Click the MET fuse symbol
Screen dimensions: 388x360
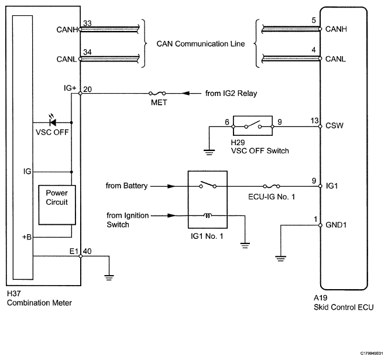(x=157, y=93)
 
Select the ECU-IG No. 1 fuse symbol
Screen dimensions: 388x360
(x=272, y=186)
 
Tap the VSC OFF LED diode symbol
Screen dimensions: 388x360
(x=53, y=122)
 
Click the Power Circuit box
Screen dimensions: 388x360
(x=57, y=205)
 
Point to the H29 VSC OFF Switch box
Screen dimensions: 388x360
(x=253, y=125)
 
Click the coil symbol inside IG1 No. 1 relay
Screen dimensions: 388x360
(x=207, y=215)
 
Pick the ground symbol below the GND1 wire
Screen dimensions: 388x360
(x=280, y=259)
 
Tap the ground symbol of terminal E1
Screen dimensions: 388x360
(x=109, y=277)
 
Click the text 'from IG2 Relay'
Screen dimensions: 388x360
(x=231, y=93)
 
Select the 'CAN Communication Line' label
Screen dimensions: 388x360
(x=201, y=44)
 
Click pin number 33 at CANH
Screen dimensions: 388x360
(x=87, y=23)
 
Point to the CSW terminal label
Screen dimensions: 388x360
(x=334, y=125)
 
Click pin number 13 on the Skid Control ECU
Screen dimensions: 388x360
(x=314, y=121)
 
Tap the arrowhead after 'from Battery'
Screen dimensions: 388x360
(x=171, y=186)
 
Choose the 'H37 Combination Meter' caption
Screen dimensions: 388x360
(x=39, y=298)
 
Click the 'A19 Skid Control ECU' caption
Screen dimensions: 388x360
(x=344, y=302)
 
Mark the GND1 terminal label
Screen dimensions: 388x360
(x=336, y=225)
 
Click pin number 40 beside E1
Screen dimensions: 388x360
(x=87, y=251)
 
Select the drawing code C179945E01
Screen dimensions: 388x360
(x=372, y=353)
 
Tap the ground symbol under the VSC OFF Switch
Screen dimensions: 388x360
(x=209, y=152)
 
